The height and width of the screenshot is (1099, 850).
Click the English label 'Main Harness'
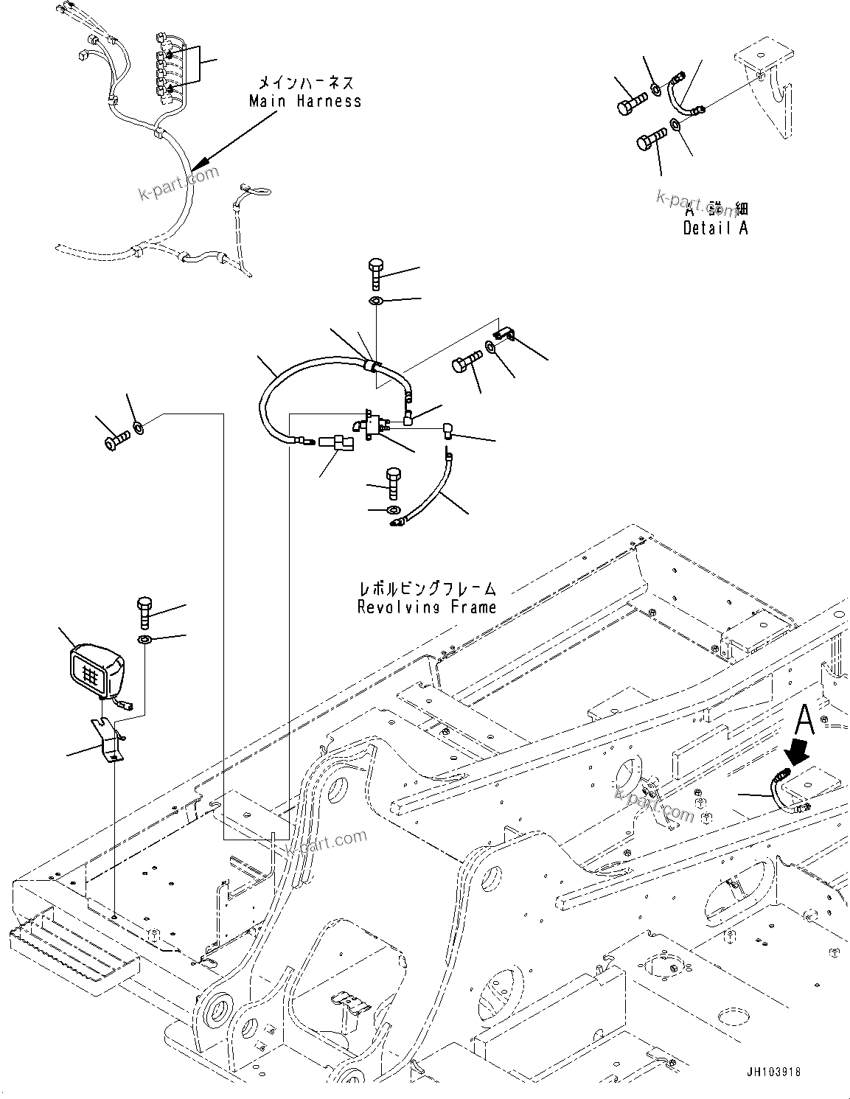(305, 102)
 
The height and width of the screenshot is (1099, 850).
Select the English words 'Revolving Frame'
(426, 607)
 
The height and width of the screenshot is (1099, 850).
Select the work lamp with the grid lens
(96, 672)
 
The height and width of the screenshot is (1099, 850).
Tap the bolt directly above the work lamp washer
(144, 612)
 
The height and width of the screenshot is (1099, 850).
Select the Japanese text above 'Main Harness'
(305, 83)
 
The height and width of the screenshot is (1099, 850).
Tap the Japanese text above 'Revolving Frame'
(427, 589)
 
